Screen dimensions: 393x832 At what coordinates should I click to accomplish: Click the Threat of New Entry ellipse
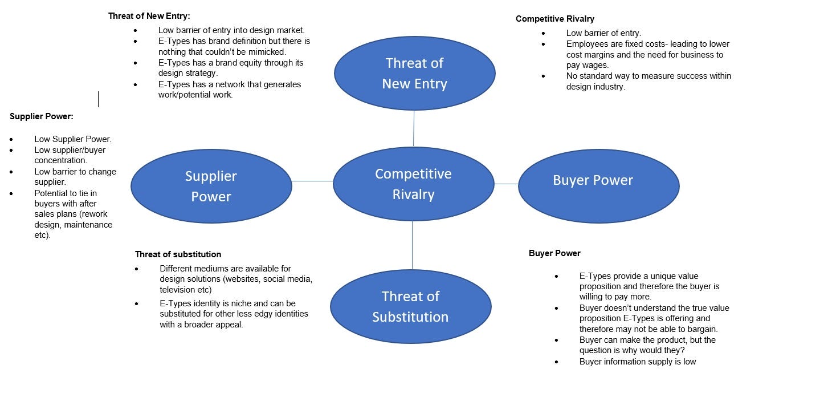[x=414, y=73]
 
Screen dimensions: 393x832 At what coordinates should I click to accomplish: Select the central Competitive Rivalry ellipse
[x=413, y=184]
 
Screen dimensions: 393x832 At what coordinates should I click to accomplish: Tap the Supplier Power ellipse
[x=211, y=186]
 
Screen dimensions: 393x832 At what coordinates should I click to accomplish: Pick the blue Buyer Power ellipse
[x=598, y=185]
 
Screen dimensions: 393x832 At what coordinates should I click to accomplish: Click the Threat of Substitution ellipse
[x=410, y=306]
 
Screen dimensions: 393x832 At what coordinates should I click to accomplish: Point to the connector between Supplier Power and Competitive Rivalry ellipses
[x=312, y=181]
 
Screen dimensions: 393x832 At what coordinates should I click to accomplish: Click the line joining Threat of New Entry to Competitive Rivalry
[x=414, y=129]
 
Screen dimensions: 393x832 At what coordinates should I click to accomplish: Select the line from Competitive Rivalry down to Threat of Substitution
[x=412, y=245]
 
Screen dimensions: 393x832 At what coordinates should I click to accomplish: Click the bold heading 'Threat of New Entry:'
[x=149, y=16]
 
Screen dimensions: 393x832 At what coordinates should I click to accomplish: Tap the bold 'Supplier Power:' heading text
[x=41, y=116]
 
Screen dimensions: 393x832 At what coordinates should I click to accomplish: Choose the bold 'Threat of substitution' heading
[x=178, y=254]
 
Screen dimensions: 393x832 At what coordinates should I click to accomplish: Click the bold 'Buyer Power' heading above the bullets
[x=554, y=253]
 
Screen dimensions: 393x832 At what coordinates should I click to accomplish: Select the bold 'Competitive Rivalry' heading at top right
[x=554, y=19]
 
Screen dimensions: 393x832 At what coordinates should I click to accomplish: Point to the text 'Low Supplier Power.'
[x=72, y=139]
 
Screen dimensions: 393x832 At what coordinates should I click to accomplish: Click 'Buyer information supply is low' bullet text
[x=637, y=362]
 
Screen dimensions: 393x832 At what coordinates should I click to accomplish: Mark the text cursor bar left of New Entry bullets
[x=98, y=99]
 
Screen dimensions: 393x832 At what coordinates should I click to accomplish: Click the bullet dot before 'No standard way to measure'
[x=543, y=76]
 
